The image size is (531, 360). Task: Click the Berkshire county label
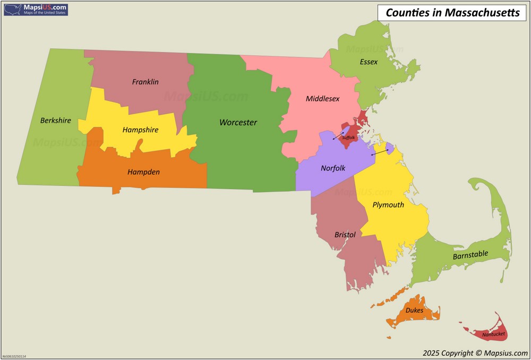(55, 121)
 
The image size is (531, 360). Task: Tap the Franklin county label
(145, 82)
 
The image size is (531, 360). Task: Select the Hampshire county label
(140, 130)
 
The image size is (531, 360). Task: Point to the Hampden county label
(143, 172)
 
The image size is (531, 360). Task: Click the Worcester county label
(238, 123)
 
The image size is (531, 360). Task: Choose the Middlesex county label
(322, 99)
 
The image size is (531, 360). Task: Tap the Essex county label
(369, 62)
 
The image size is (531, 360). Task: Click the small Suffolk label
(348, 138)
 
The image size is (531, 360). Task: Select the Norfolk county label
(333, 168)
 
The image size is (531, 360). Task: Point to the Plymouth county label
(388, 204)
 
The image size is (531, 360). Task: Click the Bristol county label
(345, 235)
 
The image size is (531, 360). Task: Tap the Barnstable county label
(470, 255)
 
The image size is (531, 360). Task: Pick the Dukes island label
(414, 310)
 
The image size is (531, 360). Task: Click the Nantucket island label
(493, 335)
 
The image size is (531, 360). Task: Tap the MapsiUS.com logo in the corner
(36, 9)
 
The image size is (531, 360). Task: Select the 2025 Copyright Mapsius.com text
(475, 353)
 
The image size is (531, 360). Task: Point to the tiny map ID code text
(14, 356)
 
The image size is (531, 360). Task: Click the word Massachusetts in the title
(482, 13)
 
